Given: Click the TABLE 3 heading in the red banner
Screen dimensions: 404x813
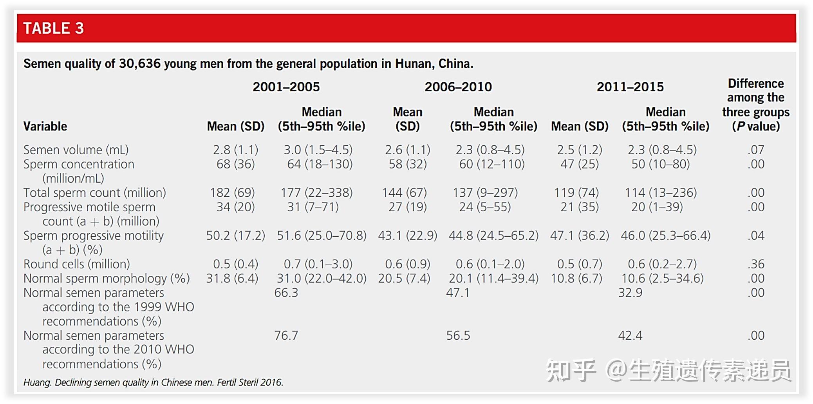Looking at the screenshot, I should click(x=53, y=28).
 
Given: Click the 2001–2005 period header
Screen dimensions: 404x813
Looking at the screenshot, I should click(x=286, y=87).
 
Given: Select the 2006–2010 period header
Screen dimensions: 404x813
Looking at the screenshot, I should click(x=458, y=87).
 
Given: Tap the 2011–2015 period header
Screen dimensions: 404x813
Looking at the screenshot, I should click(x=630, y=87).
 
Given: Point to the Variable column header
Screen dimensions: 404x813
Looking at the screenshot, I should click(x=45, y=126).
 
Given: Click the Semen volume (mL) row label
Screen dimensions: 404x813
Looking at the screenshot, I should click(x=76, y=150).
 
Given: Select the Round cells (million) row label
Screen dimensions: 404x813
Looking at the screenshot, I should click(x=77, y=264).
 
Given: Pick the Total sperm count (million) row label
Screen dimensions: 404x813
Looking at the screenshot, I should click(x=95, y=192).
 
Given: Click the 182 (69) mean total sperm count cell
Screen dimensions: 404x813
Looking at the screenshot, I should click(x=233, y=192).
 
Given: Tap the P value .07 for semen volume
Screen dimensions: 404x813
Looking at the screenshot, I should click(x=755, y=150).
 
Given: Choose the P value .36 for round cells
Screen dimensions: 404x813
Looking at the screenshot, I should click(x=755, y=264).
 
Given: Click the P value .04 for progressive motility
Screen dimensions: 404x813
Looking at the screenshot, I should click(x=755, y=236).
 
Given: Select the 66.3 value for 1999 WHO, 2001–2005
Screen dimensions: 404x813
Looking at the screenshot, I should click(x=286, y=293).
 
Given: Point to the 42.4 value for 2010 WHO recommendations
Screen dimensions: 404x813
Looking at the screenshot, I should click(x=630, y=335).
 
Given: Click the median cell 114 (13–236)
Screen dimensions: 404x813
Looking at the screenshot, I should click(x=661, y=192).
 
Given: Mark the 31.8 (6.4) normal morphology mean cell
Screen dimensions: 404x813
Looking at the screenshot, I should click(x=232, y=278).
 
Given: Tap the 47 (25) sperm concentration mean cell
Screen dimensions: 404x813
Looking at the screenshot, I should click(x=580, y=164).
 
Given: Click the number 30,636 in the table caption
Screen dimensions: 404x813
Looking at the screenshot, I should click(x=140, y=63).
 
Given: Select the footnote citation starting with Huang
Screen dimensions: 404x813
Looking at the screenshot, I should click(x=153, y=382).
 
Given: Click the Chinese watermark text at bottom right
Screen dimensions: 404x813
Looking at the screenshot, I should click(x=668, y=370).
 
